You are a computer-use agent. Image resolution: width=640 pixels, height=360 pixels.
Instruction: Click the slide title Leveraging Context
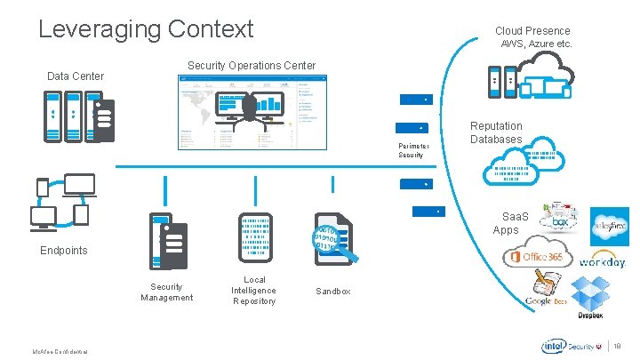click(146, 28)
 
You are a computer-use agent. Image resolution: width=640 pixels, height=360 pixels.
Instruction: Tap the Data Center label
click(76, 76)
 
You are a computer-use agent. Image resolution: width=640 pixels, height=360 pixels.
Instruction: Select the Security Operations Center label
click(251, 66)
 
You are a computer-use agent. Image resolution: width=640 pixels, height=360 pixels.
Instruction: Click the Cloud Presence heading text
click(532, 30)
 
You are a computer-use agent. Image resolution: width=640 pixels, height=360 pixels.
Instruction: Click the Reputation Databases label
click(496, 132)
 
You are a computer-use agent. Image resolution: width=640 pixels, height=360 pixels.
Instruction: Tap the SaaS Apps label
click(507, 223)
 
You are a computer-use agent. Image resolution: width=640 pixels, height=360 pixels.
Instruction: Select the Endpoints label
click(64, 251)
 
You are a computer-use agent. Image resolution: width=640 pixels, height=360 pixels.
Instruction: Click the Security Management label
click(166, 292)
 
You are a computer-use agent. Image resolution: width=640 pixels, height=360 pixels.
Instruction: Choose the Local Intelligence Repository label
click(253, 291)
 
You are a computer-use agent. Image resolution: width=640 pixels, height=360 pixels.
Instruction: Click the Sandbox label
click(333, 292)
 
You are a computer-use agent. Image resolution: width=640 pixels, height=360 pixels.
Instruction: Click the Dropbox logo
click(589, 297)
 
